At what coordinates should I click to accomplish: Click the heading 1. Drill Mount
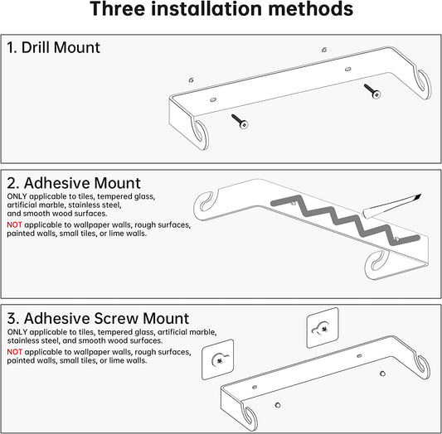(54, 47)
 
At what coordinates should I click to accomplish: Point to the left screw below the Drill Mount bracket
(240, 122)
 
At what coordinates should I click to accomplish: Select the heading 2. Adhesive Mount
(74, 182)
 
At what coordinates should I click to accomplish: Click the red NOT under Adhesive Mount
(15, 224)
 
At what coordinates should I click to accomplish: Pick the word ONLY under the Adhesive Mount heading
(17, 195)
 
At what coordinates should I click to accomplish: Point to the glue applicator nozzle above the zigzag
(406, 201)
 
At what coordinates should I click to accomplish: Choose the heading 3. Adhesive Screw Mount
(98, 318)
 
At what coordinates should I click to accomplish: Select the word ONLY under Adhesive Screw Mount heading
(17, 331)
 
